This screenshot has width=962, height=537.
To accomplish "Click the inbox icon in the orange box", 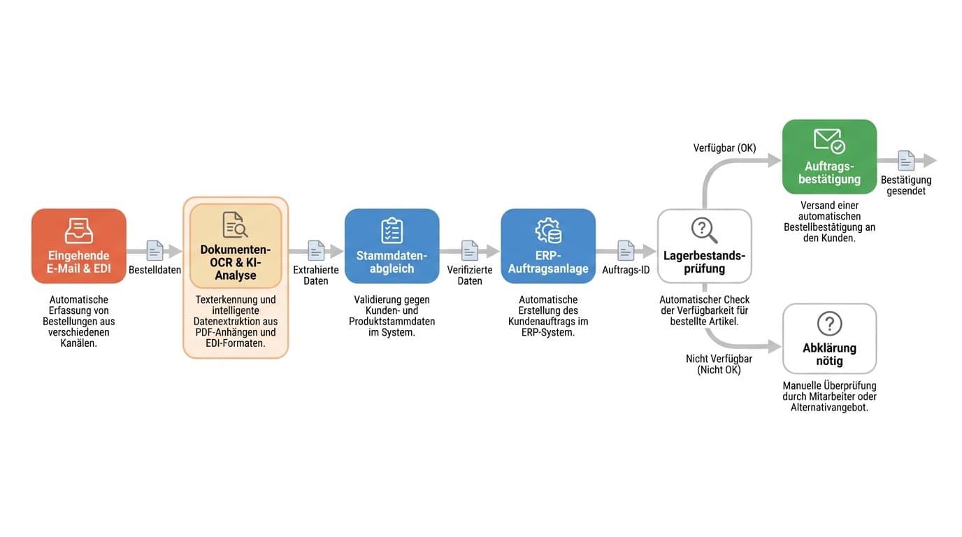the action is (78, 231).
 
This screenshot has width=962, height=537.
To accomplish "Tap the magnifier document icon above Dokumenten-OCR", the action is (235, 224).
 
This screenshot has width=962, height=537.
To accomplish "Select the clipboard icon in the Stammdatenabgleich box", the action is (392, 230).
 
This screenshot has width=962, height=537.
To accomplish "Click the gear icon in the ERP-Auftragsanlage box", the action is (548, 230).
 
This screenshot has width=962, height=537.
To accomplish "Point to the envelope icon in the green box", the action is (829, 141).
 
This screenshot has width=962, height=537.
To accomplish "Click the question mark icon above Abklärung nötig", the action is (829, 324).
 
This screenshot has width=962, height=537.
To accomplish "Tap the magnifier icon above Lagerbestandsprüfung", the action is (704, 230).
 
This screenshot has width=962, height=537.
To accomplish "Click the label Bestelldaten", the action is (155, 270).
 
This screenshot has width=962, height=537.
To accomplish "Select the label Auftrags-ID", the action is (626, 270).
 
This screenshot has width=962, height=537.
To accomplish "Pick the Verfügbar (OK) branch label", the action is (724, 148).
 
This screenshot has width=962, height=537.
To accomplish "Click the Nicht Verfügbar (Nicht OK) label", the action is (719, 364).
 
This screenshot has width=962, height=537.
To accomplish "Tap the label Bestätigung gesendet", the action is (906, 185).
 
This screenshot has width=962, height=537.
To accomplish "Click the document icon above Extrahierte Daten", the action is (316, 250).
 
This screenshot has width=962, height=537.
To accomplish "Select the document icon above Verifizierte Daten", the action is (470, 250).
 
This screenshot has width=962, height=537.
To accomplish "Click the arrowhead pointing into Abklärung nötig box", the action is (775, 346).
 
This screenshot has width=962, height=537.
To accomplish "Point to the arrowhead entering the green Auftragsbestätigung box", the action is (775, 160).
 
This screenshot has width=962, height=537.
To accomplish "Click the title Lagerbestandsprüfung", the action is (704, 262).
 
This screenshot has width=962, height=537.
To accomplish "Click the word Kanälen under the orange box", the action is (78, 343).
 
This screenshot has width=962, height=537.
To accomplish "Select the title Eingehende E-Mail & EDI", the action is (78, 262).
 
